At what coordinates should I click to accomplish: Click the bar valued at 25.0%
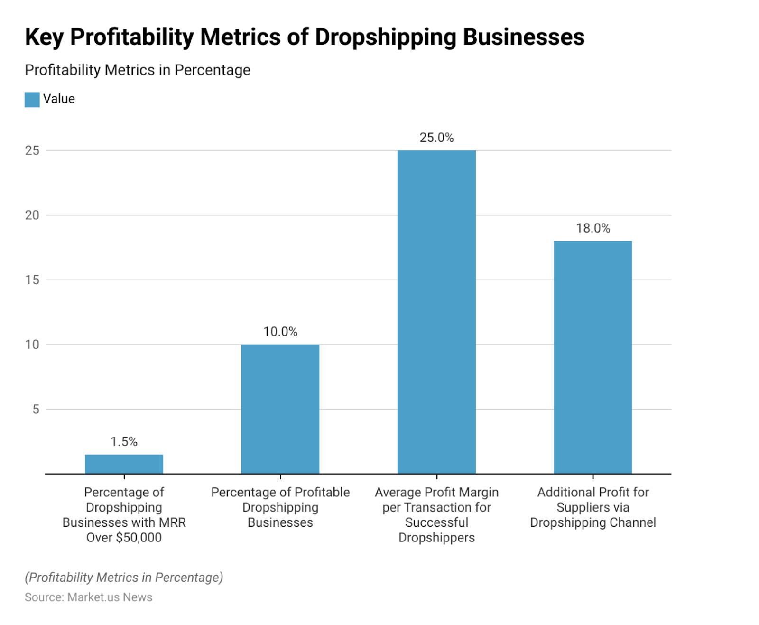(x=436, y=312)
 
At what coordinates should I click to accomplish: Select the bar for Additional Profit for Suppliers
(x=592, y=357)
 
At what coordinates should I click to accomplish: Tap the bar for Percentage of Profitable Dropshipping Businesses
(x=280, y=409)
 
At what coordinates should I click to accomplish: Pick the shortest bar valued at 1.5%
(x=124, y=464)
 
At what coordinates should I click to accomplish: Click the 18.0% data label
(x=592, y=228)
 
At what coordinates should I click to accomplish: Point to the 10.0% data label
(x=280, y=332)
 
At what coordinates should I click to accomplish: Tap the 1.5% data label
(x=124, y=442)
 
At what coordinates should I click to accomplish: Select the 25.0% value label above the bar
(x=436, y=138)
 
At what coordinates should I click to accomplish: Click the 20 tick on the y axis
(x=32, y=215)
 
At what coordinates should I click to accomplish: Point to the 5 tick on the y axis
(x=36, y=409)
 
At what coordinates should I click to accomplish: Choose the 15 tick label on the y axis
(x=32, y=280)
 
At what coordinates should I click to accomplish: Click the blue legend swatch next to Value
(x=32, y=100)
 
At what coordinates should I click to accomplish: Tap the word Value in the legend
(x=59, y=99)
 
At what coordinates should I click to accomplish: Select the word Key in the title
(x=44, y=37)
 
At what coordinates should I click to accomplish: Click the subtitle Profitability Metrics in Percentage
(x=138, y=70)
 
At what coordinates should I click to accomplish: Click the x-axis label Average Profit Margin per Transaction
(x=436, y=514)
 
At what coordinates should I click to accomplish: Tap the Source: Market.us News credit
(x=88, y=597)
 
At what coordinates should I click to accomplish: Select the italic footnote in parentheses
(x=124, y=577)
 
